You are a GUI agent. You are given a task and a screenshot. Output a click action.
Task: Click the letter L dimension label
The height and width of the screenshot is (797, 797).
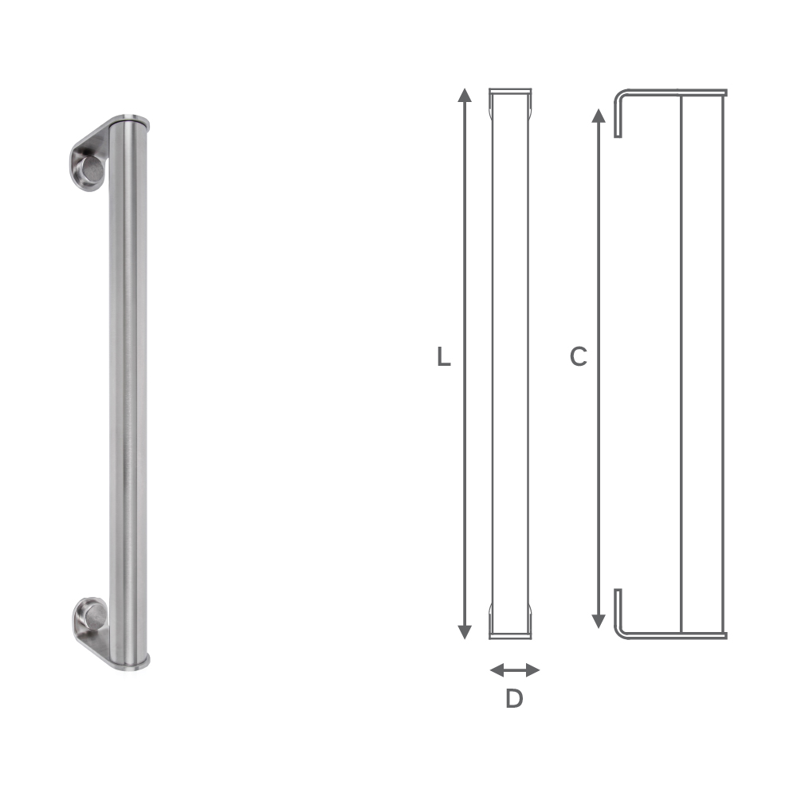pos(444,358)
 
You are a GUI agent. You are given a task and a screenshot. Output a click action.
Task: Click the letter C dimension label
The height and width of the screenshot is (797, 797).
pos(578,358)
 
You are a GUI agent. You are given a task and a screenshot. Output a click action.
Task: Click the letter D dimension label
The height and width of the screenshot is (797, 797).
pos(514,699)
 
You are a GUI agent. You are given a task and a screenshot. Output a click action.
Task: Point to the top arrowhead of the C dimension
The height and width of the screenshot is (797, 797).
pos(598,116)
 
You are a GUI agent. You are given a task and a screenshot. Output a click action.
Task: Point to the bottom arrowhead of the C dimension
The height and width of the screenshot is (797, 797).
pos(598,621)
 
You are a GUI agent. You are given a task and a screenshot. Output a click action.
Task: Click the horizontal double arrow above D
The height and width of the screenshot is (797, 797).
pos(514,669)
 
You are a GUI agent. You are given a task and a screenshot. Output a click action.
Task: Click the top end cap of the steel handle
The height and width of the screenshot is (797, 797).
pos(128,120)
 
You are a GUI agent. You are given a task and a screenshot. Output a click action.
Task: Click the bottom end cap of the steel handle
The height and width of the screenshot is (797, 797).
pos(128,658)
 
